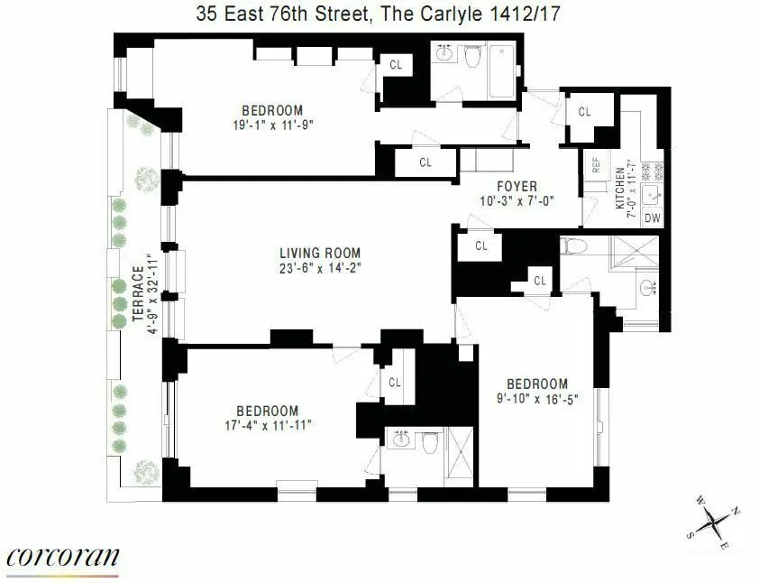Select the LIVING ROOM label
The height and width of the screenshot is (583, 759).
click(319, 253)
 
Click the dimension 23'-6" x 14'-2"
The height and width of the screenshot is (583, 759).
click(319, 268)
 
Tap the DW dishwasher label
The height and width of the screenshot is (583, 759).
click(654, 217)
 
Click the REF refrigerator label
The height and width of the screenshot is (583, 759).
click(596, 165)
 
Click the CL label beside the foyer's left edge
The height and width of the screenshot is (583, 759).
click(425, 162)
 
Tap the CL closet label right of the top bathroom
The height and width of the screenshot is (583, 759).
click(584, 112)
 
